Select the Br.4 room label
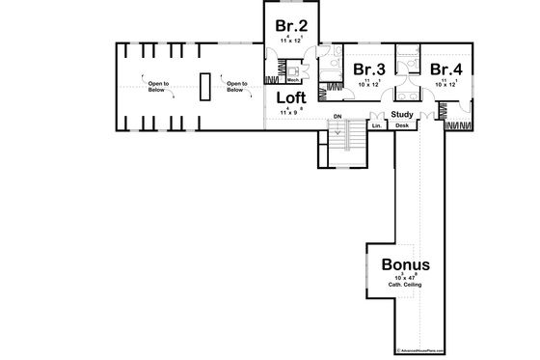(446, 69)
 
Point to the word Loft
(291, 97)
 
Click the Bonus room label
(406, 263)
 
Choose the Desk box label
(402, 125)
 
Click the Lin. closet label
(376, 125)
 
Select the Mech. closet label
(292, 80)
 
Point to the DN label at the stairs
(337, 118)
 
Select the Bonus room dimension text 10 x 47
(406, 277)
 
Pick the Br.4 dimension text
(445, 84)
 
